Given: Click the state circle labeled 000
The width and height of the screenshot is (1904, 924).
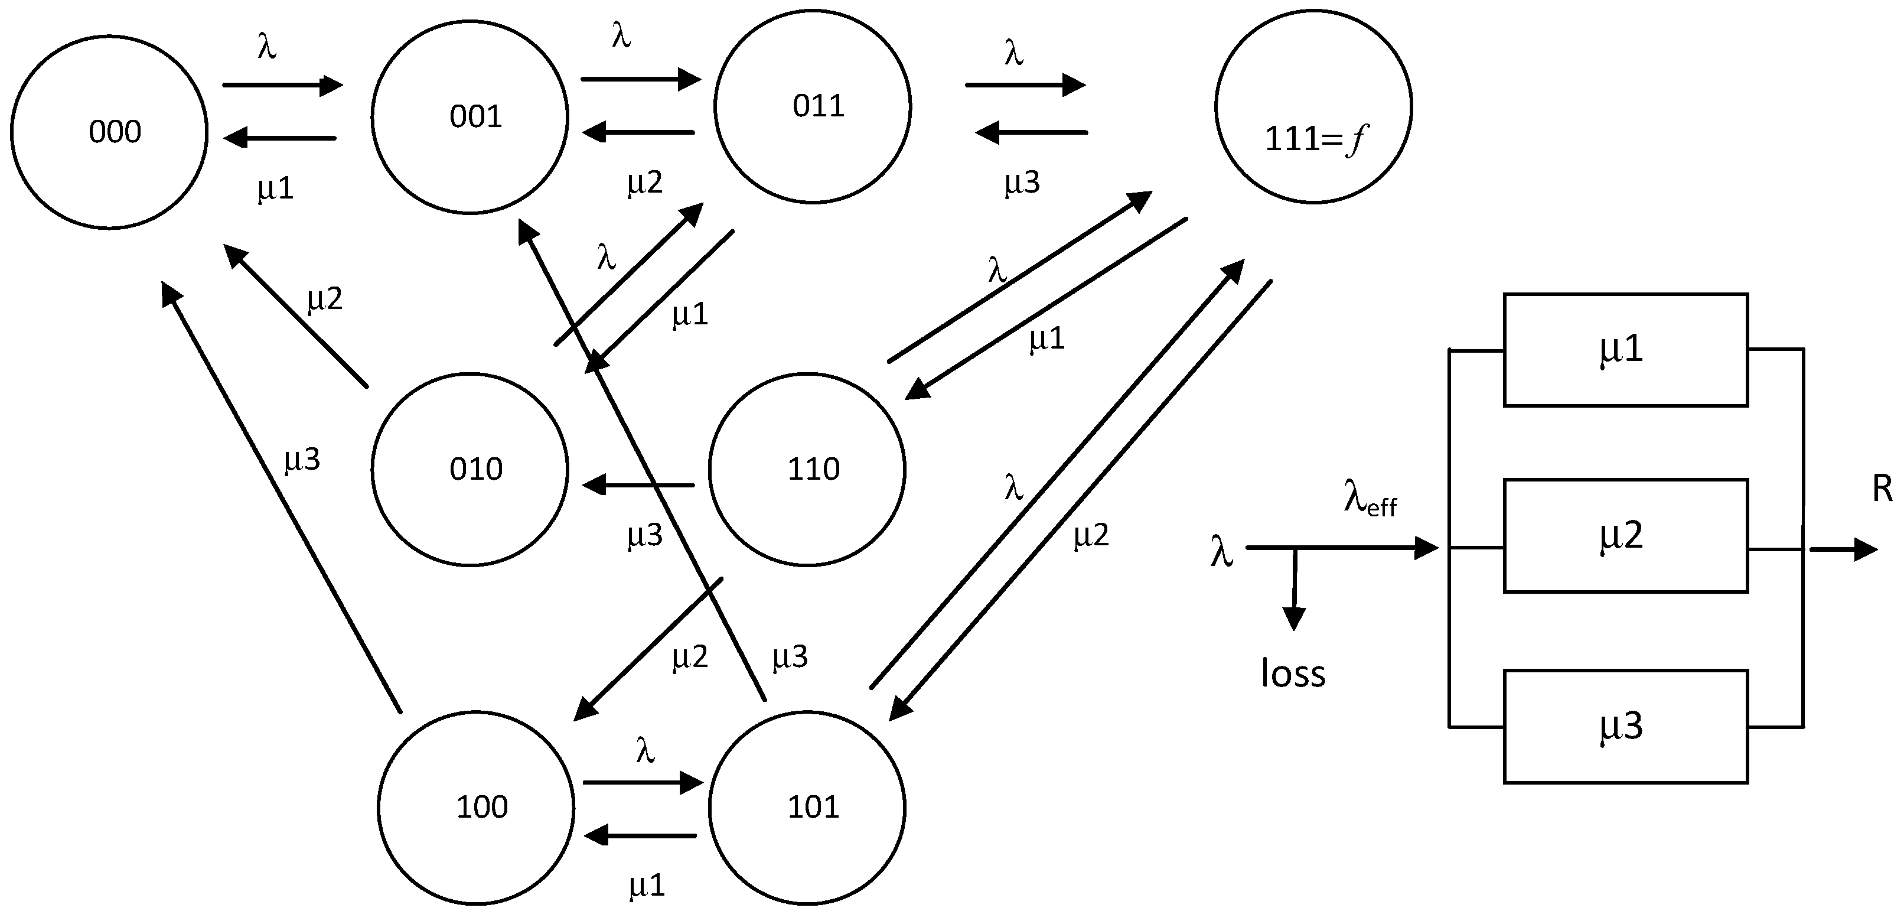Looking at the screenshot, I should pyautogui.click(x=109, y=132).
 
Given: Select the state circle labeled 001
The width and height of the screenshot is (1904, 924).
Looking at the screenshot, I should pyautogui.click(x=470, y=117).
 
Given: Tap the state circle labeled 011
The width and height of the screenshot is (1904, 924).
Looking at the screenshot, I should pyautogui.click(x=812, y=106).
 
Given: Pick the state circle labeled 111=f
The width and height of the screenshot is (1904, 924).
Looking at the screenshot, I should pyautogui.click(x=1313, y=106).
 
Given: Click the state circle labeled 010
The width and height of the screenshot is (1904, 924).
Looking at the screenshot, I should pyautogui.click(x=470, y=470).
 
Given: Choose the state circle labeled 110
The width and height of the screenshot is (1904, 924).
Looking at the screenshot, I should pyautogui.click(x=807, y=470).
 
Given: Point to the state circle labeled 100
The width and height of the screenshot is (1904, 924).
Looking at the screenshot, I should pyautogui.click(x=476, y=807).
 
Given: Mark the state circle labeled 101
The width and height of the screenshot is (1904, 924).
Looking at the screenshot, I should pyautogui.click(x=807, y=807).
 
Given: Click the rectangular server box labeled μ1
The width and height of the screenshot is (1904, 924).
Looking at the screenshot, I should pyautogui.click(x=1625, y=350).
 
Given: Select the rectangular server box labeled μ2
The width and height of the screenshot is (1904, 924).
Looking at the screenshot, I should pyautogui.click(x=1625, y=536).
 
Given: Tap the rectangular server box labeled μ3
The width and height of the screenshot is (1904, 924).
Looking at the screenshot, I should pyautogui.click(x=1625, y=727).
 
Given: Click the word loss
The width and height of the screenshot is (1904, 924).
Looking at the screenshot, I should pyautogui.click(x=1293, y=674).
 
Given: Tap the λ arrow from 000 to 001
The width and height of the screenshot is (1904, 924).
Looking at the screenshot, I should pyautogui.click(x=282, y=85).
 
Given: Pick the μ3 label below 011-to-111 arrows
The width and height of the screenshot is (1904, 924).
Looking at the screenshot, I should pyautogui.click(x=1022, y=182).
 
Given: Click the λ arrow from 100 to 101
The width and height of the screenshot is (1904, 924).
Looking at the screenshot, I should pyautogui.click(x=643, y=782).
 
